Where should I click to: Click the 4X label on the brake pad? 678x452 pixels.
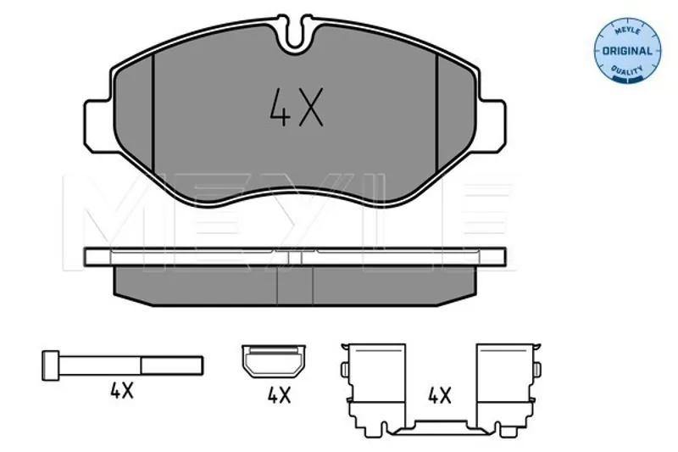point(296,108)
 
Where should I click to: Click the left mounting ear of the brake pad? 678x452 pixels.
point(98,126)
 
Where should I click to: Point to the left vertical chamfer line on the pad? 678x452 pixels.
point(153,114)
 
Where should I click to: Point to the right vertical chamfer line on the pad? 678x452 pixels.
point(437,114)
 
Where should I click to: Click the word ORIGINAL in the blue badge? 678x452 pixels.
point(627,51)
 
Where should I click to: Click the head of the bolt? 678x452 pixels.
point(50,366)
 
